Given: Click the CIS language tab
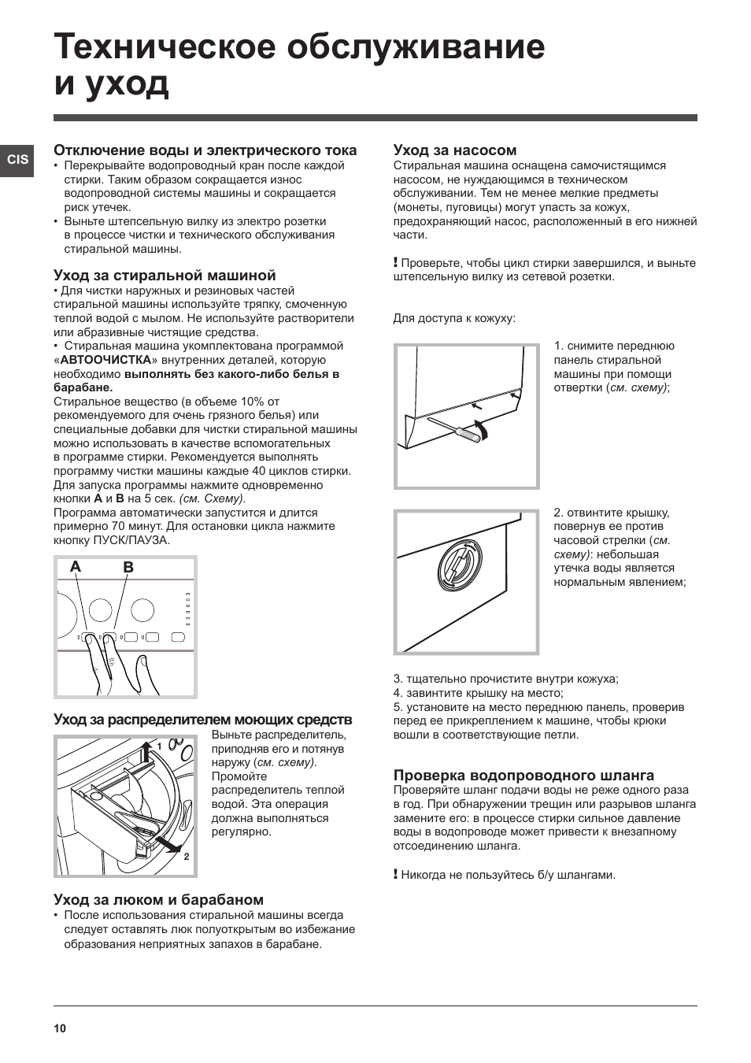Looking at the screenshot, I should coord(17,159).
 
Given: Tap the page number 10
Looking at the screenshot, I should coord(61,1028).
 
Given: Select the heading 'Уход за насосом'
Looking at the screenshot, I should coord(454,150).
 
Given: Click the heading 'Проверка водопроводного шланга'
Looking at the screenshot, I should coord(523,775).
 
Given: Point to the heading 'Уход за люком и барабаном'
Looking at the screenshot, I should coord(158,899).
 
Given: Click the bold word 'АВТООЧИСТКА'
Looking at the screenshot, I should coord(105,360).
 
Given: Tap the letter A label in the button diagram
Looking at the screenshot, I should coord(76,567).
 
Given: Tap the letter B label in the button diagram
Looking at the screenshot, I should coord(128,567).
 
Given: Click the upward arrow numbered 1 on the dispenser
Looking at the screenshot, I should coord(145,753).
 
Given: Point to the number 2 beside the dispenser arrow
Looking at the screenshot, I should coord(187,857).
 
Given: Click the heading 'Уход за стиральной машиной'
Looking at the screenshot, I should coord(165,276).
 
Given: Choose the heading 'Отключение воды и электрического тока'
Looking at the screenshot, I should coord(205,150).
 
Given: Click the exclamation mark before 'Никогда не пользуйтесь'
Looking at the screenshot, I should coord(396,874).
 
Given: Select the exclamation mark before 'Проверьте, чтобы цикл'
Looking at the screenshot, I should coord(396,262).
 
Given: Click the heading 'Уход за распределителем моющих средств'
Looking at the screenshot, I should coord(202,720).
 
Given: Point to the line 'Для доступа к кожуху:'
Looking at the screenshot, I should coord(454,318).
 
